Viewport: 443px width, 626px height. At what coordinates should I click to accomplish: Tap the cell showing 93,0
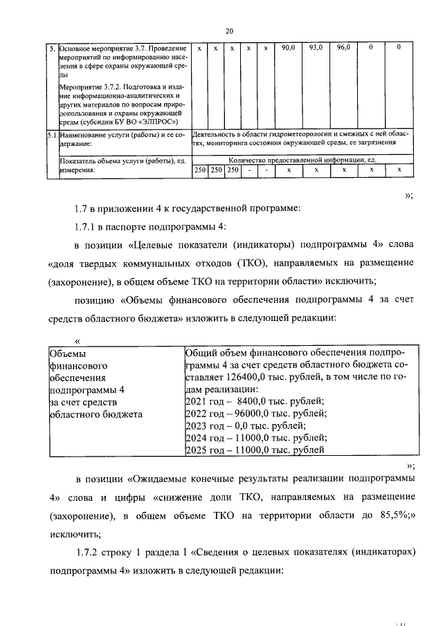[x=316, y=48]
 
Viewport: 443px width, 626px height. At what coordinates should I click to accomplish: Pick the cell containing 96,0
[x=343, y=48]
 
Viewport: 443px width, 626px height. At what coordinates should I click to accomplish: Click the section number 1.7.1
[x=87, y=227]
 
